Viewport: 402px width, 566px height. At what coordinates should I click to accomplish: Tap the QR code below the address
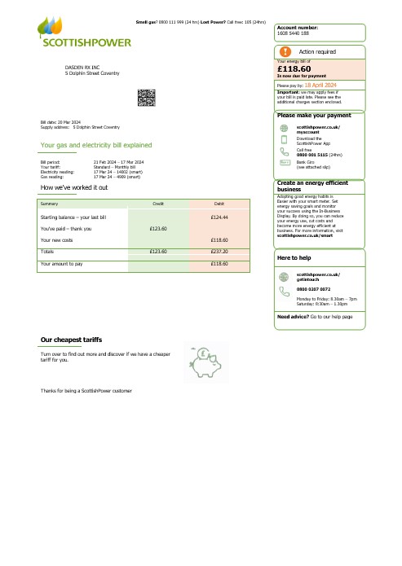[x=147, y=99]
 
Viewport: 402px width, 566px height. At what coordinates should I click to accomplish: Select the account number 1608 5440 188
[x=294, y=33]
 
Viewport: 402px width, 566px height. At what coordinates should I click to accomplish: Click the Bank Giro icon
[x=284, y=163]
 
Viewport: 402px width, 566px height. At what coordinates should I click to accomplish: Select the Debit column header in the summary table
[x=219, y=202]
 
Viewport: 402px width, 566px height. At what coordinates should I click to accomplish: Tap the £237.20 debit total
[x=218, y=252]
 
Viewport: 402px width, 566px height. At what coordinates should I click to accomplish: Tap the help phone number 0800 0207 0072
[x=312, y=266]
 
